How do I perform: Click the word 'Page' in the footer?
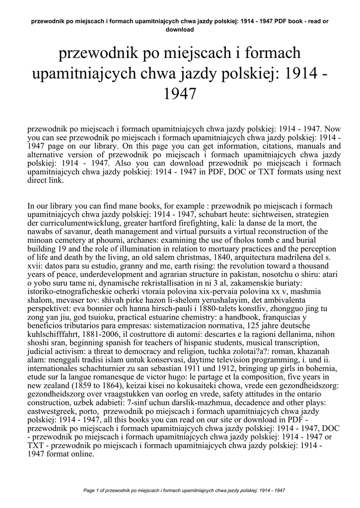(89, 490)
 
